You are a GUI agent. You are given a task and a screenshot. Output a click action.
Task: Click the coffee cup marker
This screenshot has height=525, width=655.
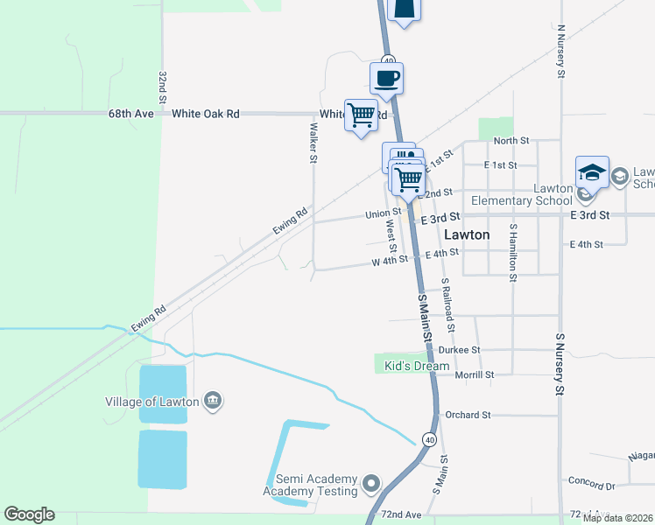[x=387, y=79]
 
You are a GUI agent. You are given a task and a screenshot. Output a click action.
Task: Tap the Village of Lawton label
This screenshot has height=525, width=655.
[x=151, y=402]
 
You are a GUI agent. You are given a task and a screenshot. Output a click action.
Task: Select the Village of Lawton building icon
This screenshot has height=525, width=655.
[x=212, y=402]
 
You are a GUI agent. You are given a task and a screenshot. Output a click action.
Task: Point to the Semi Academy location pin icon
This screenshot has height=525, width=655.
[x=372, y=483]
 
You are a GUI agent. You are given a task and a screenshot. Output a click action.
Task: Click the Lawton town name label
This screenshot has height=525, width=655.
[x=467, y=234]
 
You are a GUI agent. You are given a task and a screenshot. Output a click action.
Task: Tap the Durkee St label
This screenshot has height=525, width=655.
[x=460, y=349]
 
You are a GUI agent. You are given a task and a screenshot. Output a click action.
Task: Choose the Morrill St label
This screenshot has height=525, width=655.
[x=475, y=374]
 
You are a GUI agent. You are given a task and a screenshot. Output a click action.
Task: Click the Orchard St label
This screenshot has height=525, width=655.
[x=467, y=415]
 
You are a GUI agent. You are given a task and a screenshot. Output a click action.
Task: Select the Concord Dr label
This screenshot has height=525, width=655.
[x=592, y=484]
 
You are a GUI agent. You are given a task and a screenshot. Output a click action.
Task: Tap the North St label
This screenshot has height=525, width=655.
[x=511, y=140]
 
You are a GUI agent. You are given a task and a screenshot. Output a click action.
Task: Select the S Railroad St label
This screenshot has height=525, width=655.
[x=448, y=305]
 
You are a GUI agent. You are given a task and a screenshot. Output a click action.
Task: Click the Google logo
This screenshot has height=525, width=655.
[x=29, y=514]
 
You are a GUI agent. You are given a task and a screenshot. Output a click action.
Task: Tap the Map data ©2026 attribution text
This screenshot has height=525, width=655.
[x=617, y=518]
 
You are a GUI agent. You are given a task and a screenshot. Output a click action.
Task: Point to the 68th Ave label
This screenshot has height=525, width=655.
[x=130, y=114]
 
